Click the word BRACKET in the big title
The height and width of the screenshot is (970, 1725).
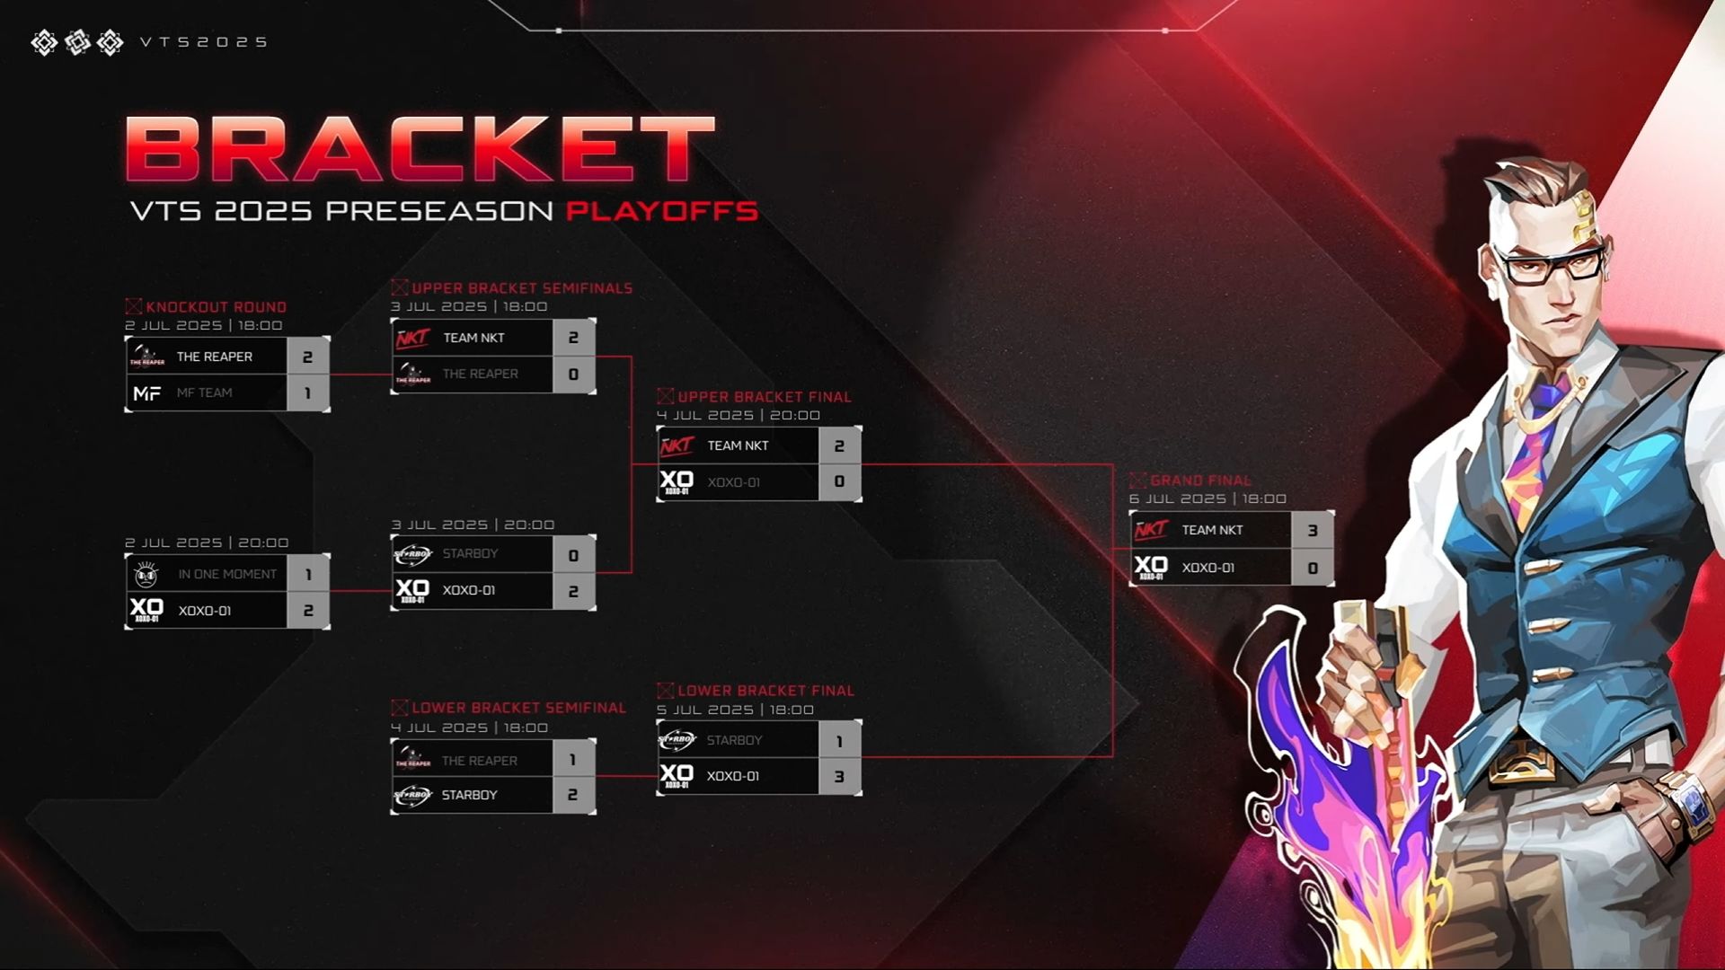pos(420,149)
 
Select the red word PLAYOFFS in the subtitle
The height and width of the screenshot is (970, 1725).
pos(661,211)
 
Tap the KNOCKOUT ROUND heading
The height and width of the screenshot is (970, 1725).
pos(216,307)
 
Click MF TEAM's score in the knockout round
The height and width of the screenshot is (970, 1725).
pos(307,393)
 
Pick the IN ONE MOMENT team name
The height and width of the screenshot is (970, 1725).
pos(227,574)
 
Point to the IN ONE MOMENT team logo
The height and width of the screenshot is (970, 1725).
pos(146,574)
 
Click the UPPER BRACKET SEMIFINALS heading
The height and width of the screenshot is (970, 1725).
pos(521,288)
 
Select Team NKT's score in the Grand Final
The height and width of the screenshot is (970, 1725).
pos(1313,531)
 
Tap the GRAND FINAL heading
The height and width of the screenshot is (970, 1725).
pos(1200,481)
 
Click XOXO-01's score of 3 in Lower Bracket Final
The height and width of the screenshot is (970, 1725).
pos(839,777)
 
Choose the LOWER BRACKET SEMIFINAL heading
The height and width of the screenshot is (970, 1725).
pos(518,708)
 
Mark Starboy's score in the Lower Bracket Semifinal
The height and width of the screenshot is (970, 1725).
pos(572,795)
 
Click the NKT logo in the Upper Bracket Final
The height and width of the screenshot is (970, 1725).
pos(677,445)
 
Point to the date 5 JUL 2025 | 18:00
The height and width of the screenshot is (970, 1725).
pos(735,710)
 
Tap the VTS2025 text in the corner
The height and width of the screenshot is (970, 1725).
pos(204,42)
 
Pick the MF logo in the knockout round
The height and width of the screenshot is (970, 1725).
pos(146,393)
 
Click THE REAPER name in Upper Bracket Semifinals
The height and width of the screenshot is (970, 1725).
pos(480,374)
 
